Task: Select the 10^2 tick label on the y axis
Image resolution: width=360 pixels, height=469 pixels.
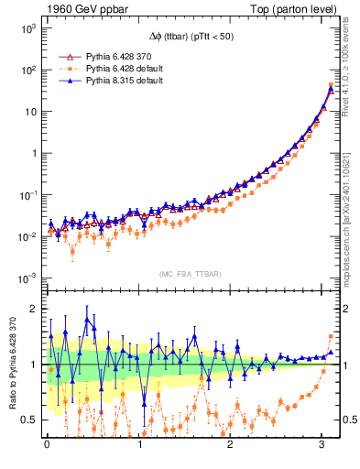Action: click(x=28, y=70)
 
